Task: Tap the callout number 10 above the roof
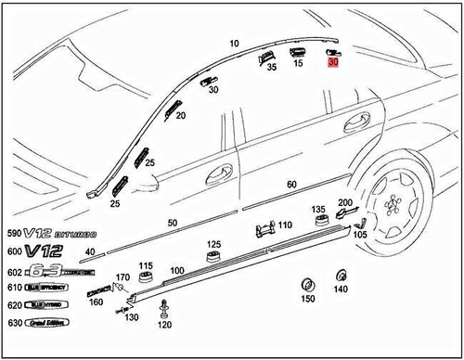[x=235, y=44]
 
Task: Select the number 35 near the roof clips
[x=272, y=67]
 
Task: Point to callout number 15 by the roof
[x=300, y=63]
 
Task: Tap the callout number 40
[x=90, y=251]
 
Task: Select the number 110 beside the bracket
[x=285, y=225]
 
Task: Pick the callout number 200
[x=345, y=204]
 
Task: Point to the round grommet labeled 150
[x=307, y=283]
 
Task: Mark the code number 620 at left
[x=14, y=305]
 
